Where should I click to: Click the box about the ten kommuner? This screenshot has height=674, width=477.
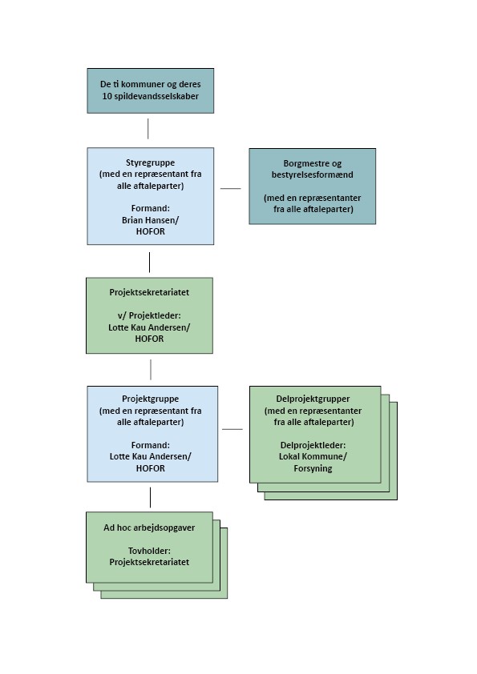click(x=150, y=90)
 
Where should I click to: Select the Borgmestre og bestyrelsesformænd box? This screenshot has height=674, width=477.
click(x=312, y=187)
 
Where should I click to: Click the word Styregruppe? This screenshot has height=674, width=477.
click(x=150, y=162)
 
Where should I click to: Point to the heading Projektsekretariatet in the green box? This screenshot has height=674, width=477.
click(x=149, y=292)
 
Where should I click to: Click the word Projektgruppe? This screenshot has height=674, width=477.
click(x=150, y=399)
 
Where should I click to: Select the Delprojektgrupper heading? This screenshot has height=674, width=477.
click(x=313, y=399)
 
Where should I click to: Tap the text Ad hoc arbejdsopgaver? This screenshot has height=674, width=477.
click(x=149, y=528)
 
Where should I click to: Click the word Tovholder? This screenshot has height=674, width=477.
click(x=149, y=551)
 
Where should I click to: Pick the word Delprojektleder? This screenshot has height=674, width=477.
click(x=313, y=445)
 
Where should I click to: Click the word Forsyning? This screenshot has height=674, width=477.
click(x=313, y=468)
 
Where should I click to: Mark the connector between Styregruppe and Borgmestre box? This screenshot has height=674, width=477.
click(x=231, y=188)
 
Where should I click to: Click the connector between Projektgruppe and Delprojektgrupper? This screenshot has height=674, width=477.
click(x=232, y=429)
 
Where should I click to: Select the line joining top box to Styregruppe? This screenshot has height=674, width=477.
click(x=148, y=129)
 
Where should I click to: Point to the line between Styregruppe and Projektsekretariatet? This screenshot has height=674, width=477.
click(x=149, y=263)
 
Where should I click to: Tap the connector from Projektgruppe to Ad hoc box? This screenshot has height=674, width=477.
click(x=150, y=497)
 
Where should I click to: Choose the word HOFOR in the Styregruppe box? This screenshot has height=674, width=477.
click(x=150, y=231)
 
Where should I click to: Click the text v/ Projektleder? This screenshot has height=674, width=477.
click(x=149, y=315)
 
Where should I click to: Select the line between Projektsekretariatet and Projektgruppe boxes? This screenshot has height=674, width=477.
click(x=151, y=370)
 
